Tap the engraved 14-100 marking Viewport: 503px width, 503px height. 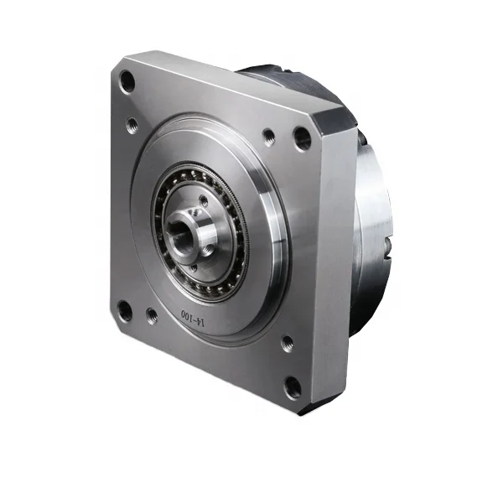[194, 316]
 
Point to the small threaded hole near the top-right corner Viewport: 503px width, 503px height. [268, 135]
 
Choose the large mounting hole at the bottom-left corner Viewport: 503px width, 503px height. [125, 311]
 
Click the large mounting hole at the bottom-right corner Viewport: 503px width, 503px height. [293, 387]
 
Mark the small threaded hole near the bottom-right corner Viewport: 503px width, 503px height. [287, 343]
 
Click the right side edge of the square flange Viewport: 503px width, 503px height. [341, 268]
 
